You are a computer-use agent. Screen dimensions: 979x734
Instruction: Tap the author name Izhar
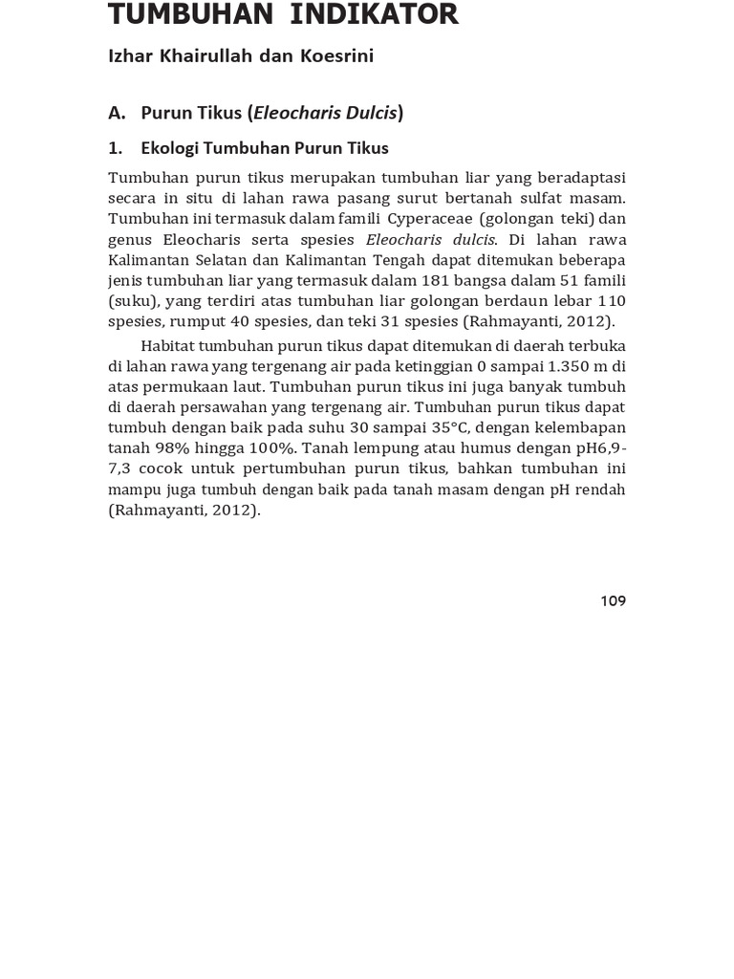click(129, 56)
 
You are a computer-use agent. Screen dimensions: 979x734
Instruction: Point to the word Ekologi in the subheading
click(170, 148)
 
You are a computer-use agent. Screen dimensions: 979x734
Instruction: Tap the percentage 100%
click(270, 447)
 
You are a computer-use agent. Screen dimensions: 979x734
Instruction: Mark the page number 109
click(613, 600)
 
